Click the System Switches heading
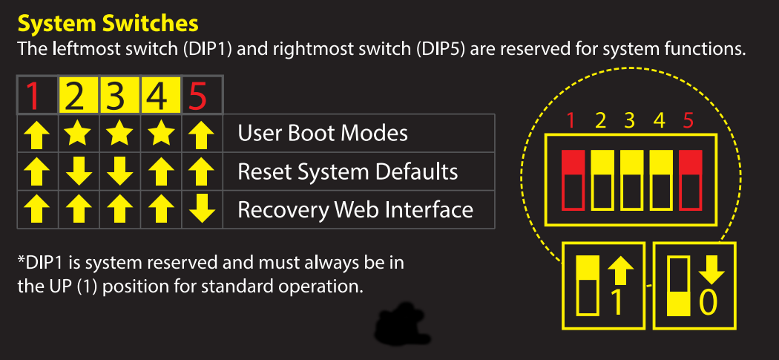click(108, 24)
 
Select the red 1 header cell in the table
click(33, 96)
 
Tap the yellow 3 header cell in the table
click(118, 96)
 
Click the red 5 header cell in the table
click(199, 96)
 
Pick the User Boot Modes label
click(323, 134)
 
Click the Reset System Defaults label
click(347, 171)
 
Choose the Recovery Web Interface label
click(355, 209)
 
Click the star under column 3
click(118, 134)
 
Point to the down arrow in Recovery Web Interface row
click(199, 210)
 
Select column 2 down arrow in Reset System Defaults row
click(78, 172)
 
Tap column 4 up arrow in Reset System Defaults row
click(159, 172)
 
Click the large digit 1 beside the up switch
click(615, 302)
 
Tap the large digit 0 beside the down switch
click(710, 304)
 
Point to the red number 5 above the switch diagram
click(688, 118)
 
